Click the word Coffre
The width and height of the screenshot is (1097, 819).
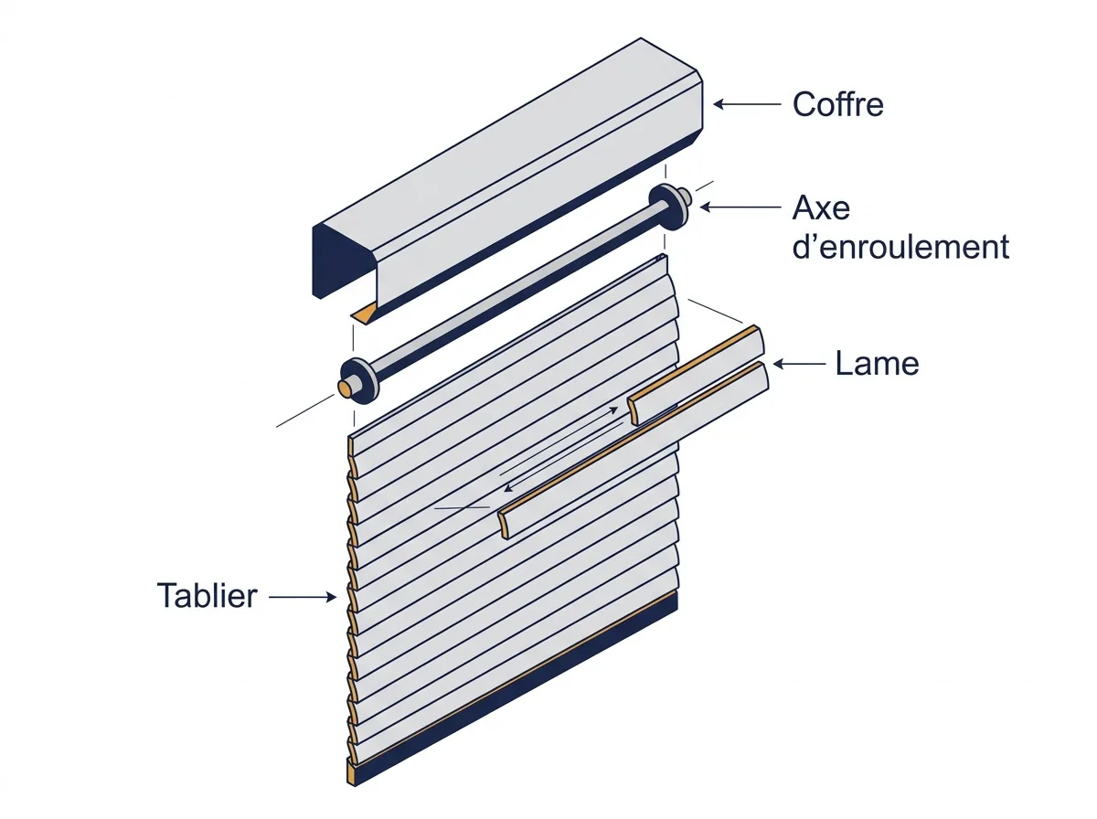837,104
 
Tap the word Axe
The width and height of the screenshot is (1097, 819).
821,207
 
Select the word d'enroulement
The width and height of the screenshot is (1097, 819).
900,247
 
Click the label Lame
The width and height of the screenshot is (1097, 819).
877,363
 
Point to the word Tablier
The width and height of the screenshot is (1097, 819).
207,596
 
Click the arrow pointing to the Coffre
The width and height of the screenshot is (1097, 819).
747,104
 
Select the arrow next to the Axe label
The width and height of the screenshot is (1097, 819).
740,207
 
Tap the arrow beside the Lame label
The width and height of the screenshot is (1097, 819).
799,364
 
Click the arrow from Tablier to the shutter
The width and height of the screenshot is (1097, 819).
303,597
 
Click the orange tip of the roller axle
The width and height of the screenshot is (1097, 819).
345,388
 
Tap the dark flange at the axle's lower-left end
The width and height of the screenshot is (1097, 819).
357,381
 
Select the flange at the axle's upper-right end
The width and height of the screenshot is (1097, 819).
668,207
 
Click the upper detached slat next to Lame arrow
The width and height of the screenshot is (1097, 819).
697,375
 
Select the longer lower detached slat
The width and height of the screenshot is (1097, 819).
634,450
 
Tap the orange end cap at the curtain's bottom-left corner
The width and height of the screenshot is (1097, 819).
351,772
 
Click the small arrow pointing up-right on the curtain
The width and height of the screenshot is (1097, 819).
559,441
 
